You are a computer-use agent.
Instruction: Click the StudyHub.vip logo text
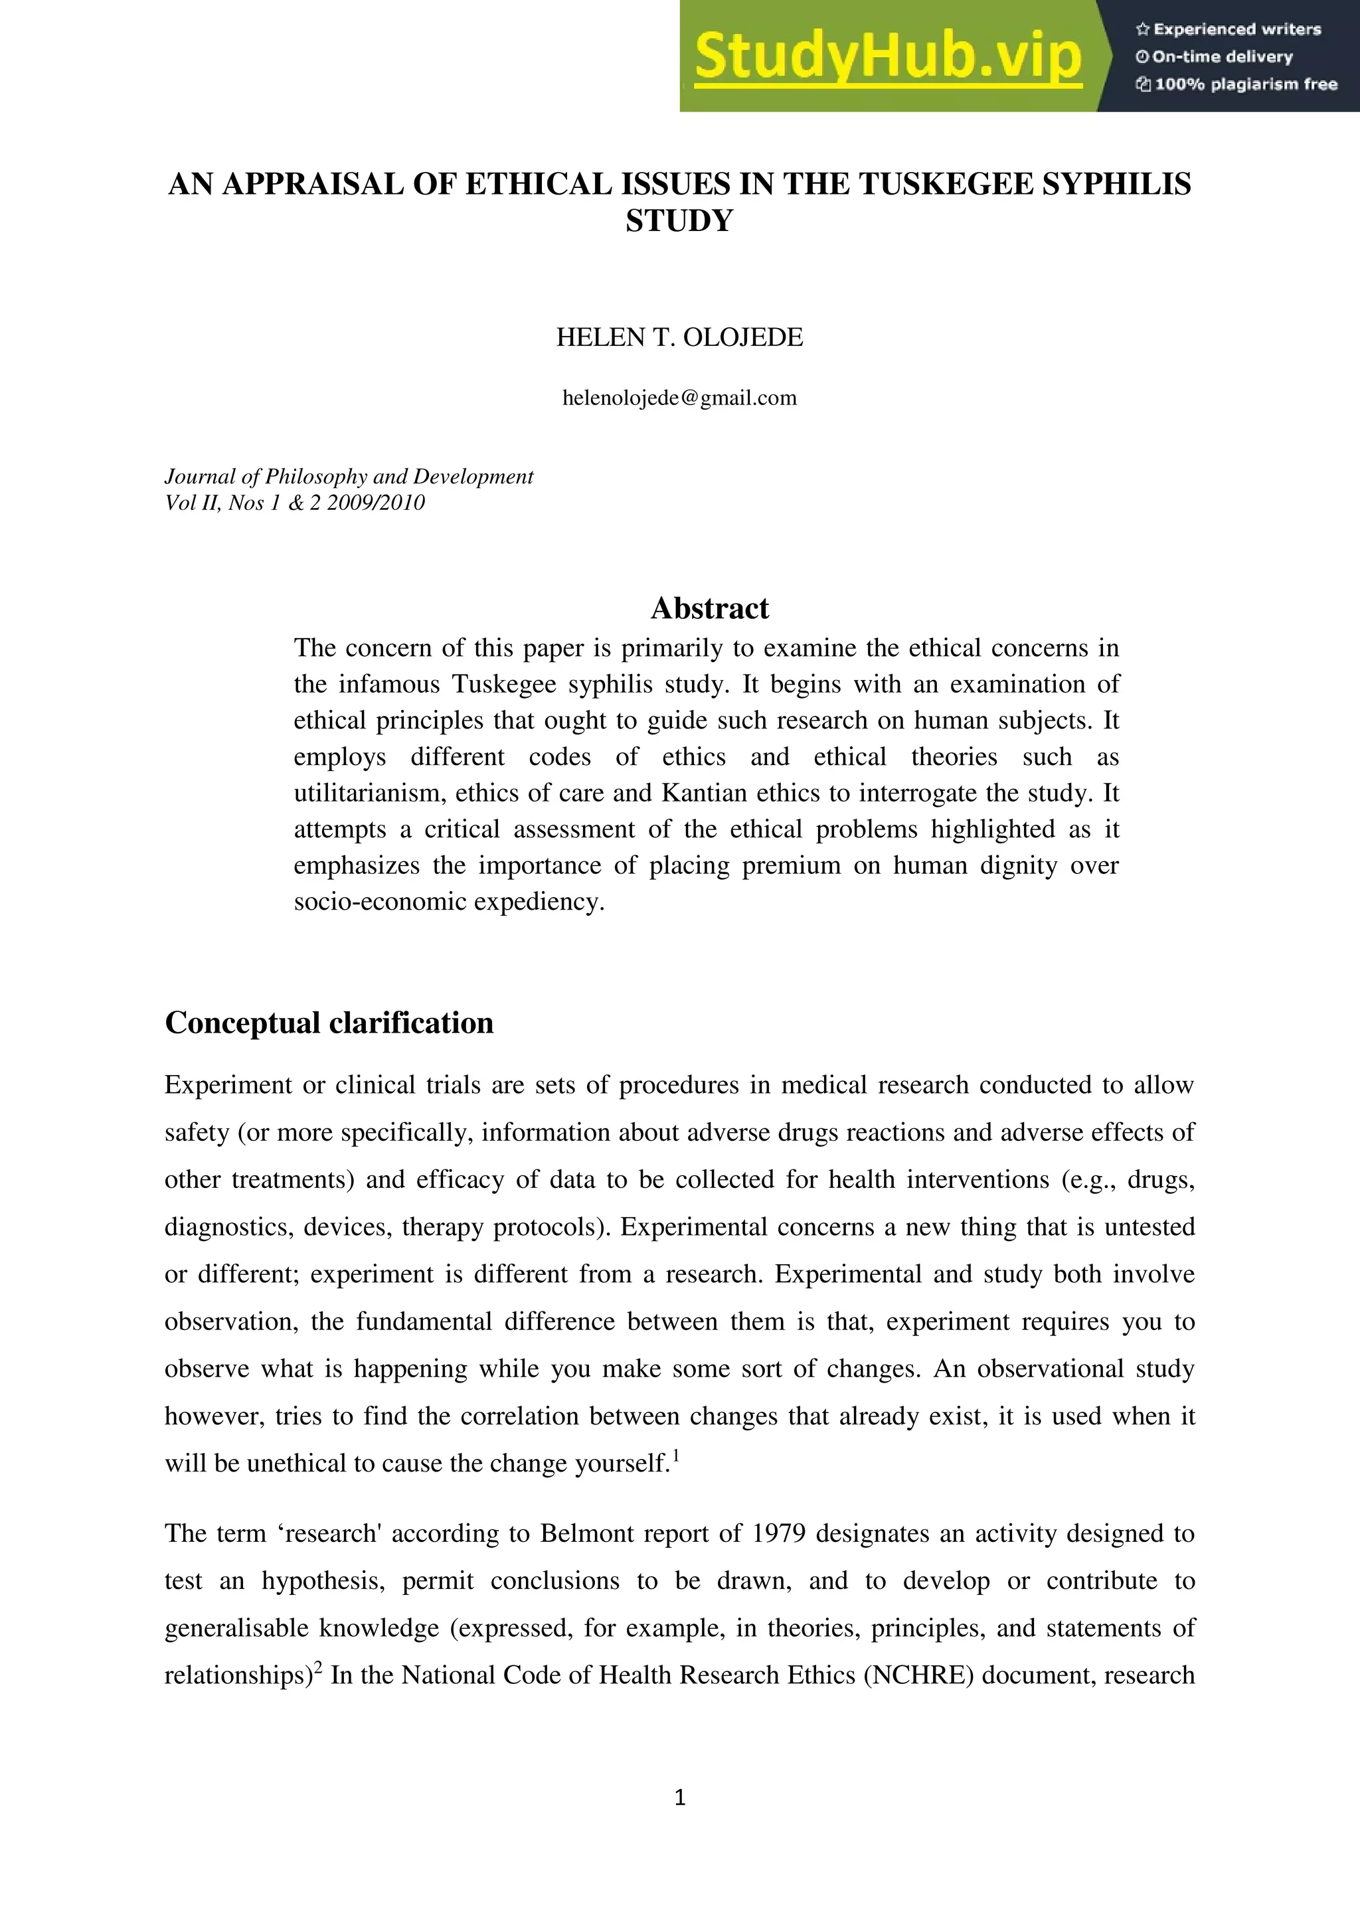pyautogui.click(x=888, y=57)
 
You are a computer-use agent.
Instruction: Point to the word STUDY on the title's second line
pyautogui.click(x=679, y=221)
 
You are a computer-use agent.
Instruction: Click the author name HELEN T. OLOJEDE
pyautogui.click(x=679, y=337)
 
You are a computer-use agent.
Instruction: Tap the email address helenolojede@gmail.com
pyautogui.click(x=679, y=398)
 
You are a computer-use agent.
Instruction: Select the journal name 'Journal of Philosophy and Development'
pyautogui.click(x=349, y=477)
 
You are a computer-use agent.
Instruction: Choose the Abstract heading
pyautogui.click(x=709, y=608)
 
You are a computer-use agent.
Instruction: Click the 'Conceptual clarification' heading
pyautogui.click(x=329, y=1023)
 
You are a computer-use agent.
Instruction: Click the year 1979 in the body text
pyautogui.click(x=779, y=1533)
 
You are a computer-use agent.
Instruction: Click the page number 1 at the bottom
pyautogui.click(x=680, y=1798)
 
